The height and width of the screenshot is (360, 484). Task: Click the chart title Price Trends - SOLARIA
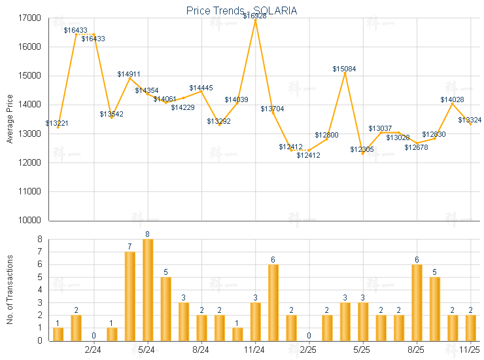click(x=241, y=10)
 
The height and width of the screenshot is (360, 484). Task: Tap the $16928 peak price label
click(x=254, y=15)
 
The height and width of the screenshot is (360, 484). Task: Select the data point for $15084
click(x=345, y=73)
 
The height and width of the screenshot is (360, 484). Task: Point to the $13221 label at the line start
click(x=57, y=123)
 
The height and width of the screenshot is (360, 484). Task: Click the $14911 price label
click(x=129, y=75)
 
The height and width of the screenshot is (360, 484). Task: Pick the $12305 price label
click(x=362, y=150)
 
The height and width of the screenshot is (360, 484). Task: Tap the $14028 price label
click(x=452, y=99)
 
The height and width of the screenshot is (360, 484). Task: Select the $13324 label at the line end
click(x=470, y=120)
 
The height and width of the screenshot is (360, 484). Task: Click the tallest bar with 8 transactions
click(x=148, y=289)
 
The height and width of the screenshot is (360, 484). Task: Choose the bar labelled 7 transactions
click(x=130, y=296)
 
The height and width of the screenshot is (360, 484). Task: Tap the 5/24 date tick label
click(x=148, y=350)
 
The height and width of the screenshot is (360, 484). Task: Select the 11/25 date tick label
click(x=470, y=350)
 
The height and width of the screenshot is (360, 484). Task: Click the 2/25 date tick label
click(x=309, y=350)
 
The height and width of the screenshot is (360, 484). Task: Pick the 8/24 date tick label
click(x=201, y=350)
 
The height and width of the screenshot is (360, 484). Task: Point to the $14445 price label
click(x=201, y=88)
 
